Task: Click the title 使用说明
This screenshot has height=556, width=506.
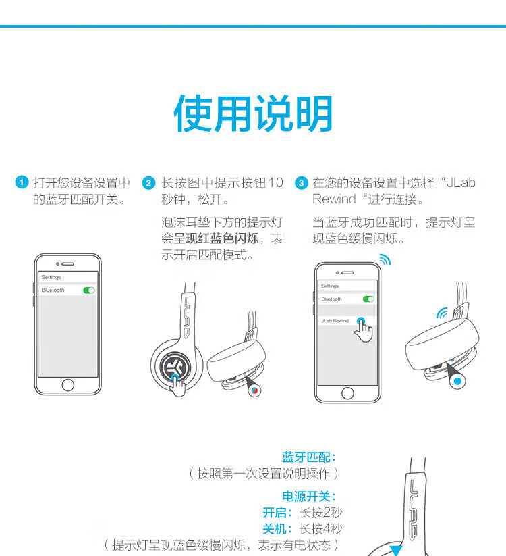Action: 253,113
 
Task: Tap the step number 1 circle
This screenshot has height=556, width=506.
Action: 22,182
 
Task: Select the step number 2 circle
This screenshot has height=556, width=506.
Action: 148,183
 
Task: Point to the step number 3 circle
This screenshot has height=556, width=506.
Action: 302,183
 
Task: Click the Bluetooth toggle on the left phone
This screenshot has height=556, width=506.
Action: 89,290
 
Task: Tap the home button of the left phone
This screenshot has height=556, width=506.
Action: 67,384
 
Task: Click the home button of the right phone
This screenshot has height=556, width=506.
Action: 347,393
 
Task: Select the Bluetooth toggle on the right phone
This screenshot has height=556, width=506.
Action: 368,299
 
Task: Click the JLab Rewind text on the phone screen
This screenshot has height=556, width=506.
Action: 335,320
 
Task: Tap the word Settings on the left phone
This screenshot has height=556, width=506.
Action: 51,277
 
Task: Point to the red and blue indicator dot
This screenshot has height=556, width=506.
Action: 254,390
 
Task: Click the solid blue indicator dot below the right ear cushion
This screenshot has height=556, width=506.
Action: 457,381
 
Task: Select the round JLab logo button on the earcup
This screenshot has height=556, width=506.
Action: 175,366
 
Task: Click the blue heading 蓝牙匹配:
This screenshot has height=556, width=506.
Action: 309,457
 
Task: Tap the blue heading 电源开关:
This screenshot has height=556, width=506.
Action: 309,496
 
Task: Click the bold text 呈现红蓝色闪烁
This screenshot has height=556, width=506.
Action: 216,238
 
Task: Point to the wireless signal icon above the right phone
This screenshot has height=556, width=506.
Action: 385,259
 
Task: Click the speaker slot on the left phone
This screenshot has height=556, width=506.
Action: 67,264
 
